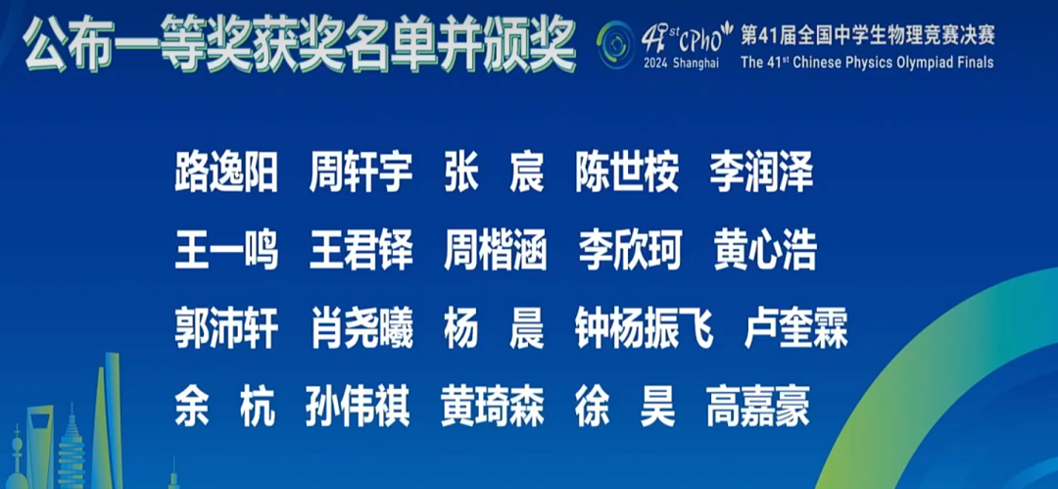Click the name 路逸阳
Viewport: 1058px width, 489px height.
point(226,172)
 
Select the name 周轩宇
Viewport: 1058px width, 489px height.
point(361,172)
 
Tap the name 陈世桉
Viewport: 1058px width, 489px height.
point(627,172)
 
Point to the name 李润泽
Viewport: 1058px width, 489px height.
point(761,172)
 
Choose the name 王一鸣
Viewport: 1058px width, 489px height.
point(226,250)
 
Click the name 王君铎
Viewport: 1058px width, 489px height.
point(361,250)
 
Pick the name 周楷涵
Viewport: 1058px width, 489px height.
point(495,250)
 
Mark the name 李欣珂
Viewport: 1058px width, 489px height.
point(628,250)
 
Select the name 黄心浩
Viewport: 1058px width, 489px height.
point(764,250)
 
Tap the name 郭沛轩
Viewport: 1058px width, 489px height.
point(226,328)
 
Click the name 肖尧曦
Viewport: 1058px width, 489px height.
point(361,328)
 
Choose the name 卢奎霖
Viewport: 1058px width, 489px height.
point(795,328)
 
